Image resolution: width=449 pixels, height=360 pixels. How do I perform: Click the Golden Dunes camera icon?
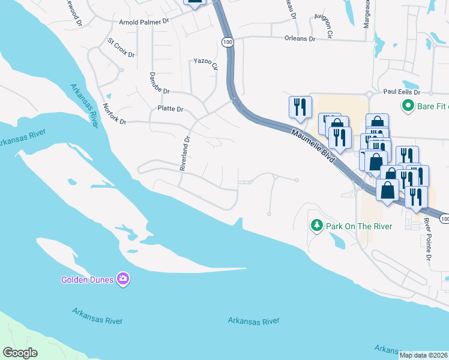tap(123, 278)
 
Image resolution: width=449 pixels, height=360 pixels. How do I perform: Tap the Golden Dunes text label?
tap(88, 280)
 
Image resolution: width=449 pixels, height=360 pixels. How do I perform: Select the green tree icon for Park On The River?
tap(316, 226)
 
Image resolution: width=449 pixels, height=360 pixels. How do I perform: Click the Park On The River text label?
tap(359, 226)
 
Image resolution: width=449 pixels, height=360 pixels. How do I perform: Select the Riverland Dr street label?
tap(185, 154)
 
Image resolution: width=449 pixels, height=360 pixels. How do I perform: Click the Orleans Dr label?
tap(300, 38)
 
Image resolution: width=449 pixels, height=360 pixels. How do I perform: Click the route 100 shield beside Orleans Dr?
tap(226, 41)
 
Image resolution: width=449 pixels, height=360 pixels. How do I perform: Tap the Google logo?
tap(20, 352)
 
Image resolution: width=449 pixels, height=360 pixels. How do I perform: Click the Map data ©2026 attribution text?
tap(423, 355)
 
